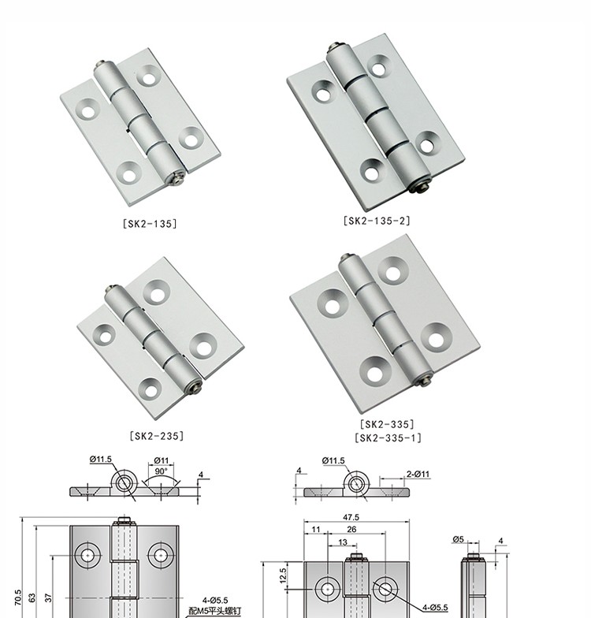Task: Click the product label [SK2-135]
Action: pos(150,224)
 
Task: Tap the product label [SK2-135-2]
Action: pos(377,221)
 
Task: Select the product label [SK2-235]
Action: pos(156,436)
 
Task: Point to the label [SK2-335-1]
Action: pos(388,438)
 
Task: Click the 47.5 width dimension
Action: pos(351,517)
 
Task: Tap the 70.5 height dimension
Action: pos(17,598)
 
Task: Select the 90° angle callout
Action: pos(161,471)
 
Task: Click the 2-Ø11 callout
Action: pos(418,474)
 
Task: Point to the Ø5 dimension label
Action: pos(459,539)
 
